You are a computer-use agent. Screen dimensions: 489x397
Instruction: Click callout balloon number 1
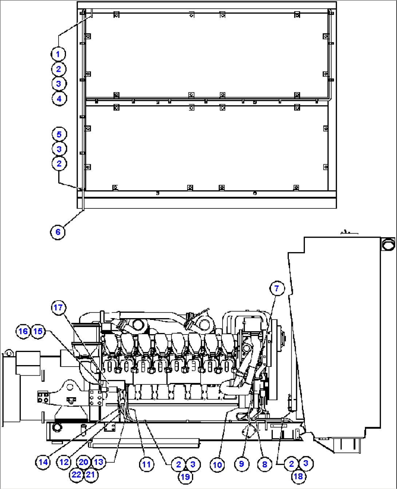pos(58,54)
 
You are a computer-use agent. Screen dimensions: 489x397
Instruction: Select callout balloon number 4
pos(59,98)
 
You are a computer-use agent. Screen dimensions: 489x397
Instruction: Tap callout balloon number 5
pos(59,134)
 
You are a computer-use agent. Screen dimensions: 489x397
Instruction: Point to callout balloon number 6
pos(58,232)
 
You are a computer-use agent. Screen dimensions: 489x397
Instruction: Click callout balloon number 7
pos(276,289)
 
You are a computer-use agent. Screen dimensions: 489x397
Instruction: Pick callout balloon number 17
pos(58,308)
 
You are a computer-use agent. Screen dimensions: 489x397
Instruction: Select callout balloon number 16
pos(23,331)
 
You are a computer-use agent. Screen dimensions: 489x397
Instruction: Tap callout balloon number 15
pos(38,331)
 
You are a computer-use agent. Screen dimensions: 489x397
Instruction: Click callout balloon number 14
pos(43,462)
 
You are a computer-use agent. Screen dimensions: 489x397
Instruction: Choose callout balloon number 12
pos(64,462)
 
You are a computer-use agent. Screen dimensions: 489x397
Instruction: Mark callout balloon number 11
pos(146,464)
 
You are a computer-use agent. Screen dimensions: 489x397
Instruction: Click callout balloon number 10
pos(217,465)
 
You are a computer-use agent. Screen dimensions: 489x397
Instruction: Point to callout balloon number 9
pos(241,464)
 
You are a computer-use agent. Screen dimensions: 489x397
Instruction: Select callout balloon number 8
pos(264,464)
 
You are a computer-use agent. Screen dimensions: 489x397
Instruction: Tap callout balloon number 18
pos(298,476)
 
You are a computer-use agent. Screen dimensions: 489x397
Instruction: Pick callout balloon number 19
pos(185,477)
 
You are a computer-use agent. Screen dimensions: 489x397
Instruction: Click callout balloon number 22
pos(76,475)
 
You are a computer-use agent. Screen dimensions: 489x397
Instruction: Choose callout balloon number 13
pos(98,462)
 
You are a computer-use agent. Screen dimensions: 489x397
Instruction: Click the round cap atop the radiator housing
pos(388,244)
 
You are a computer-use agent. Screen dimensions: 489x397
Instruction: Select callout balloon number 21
pos(90,475)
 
